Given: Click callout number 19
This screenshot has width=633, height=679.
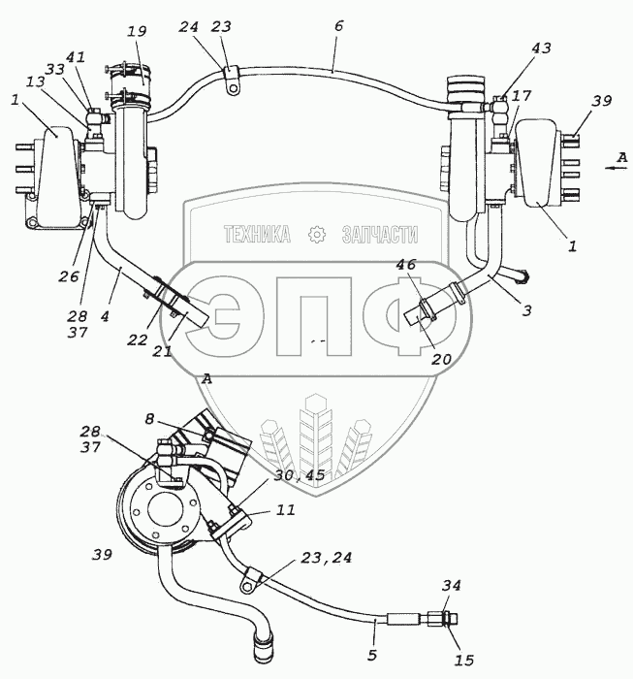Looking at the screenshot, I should [x=138, y=31].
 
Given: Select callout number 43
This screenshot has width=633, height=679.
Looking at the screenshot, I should [x=542, y=48].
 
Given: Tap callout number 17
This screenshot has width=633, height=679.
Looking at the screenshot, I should [x=522, y=96].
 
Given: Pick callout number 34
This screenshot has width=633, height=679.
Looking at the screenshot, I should [x=452, y=586].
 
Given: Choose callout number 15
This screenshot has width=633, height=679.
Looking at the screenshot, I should [x=464, y=660].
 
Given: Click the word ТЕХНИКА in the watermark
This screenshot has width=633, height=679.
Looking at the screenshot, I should [x=257, y=234].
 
